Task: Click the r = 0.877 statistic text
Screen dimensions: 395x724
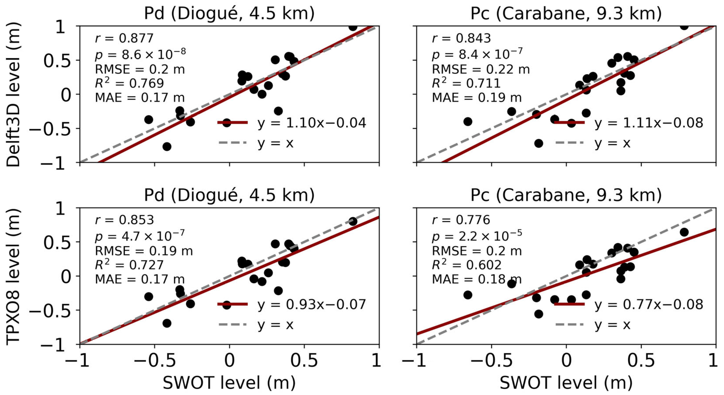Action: click(x=124, y=38)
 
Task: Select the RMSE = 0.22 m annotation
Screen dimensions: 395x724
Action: click(x=481, y=69)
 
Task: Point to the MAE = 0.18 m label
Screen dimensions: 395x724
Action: click(x=477, y=279)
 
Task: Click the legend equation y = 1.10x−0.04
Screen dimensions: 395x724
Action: click(x=312, y=123)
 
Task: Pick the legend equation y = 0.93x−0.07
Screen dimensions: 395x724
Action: click(x=312, y=304)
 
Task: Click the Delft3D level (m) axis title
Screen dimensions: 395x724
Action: click(x=13, y=94)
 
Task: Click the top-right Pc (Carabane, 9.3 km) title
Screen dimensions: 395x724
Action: click(x=566, y=13)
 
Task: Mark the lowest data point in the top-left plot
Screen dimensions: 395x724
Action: click(x=167, y=147)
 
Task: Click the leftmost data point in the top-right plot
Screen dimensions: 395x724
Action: click(x=468, y=122)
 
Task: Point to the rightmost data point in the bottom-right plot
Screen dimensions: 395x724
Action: click(x=684, y=232)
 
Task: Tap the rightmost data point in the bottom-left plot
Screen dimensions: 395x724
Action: click(x=353, y=221)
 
